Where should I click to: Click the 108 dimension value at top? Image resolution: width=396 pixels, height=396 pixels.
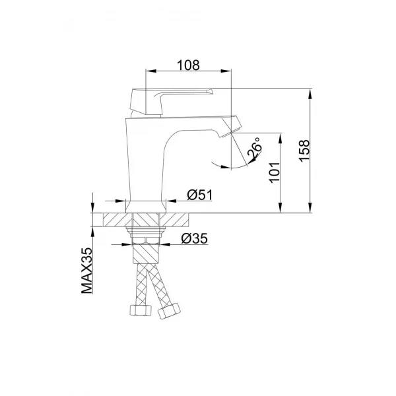189,65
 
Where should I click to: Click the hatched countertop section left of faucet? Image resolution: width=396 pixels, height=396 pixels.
113,220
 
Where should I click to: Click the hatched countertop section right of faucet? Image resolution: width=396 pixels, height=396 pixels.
176,220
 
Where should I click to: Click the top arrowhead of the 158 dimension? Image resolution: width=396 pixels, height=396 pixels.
310,93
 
